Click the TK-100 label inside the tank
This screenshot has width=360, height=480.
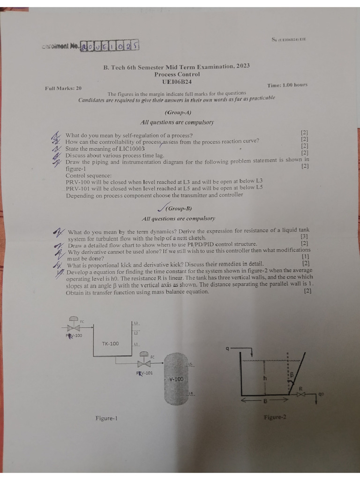[111, 344]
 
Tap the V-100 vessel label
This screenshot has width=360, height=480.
[176, 379]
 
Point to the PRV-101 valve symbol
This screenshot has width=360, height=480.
[144, 363]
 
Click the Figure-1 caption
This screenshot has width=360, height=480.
[106, 418]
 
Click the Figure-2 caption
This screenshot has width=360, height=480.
[275, 417]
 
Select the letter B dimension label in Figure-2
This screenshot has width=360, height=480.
[265, 401]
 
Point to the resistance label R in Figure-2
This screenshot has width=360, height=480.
[301, 389]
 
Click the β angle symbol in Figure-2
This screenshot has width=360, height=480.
[291, 375]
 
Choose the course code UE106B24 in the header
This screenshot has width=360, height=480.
[177, 82]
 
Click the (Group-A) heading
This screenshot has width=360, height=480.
[178, 112]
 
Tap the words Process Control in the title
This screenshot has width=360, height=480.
[177, 74]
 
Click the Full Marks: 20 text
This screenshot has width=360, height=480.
[63, 88]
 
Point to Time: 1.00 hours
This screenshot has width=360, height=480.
[287, 85]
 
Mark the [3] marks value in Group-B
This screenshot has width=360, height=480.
[304, 237]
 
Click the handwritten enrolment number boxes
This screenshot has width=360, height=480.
[110, 46]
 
